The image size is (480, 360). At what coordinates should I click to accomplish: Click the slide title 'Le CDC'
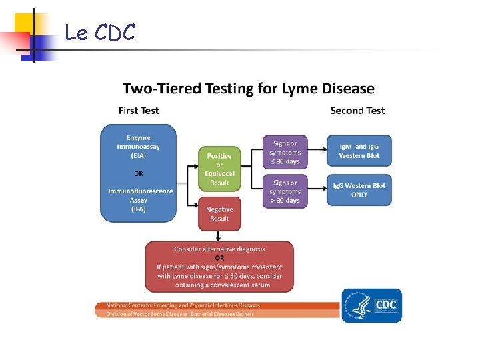[x=100, y=32]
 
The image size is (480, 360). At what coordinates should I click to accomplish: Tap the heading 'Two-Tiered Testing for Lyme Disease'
[x=249, y=88]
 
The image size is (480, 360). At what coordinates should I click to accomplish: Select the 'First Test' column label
[x=139, y=110]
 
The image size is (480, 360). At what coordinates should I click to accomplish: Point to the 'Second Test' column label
[x=357, y=110]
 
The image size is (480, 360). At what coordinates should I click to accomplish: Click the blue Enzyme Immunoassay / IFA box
[x=139, y=173]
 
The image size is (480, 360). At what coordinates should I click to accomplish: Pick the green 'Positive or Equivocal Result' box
[x=219, y=169]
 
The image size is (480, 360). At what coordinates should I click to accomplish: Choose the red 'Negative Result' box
[x=219, y=214]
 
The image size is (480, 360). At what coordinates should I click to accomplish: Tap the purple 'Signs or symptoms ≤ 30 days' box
[x=285, y=152]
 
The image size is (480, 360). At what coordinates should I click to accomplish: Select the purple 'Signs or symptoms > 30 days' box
[x=285, y=191]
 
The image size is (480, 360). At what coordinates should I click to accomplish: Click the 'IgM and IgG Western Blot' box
[x=359, y=151]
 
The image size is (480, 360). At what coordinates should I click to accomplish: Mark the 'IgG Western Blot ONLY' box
[x=359, y=190]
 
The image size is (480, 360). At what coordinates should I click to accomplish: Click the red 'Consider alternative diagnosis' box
[x=219, y=267]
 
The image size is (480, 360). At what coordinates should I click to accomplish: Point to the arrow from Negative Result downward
[x=219, y=236]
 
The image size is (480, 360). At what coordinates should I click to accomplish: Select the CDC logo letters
[x=386, y=305]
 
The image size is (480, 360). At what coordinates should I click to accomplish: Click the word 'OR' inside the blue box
[x=139, y=173]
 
